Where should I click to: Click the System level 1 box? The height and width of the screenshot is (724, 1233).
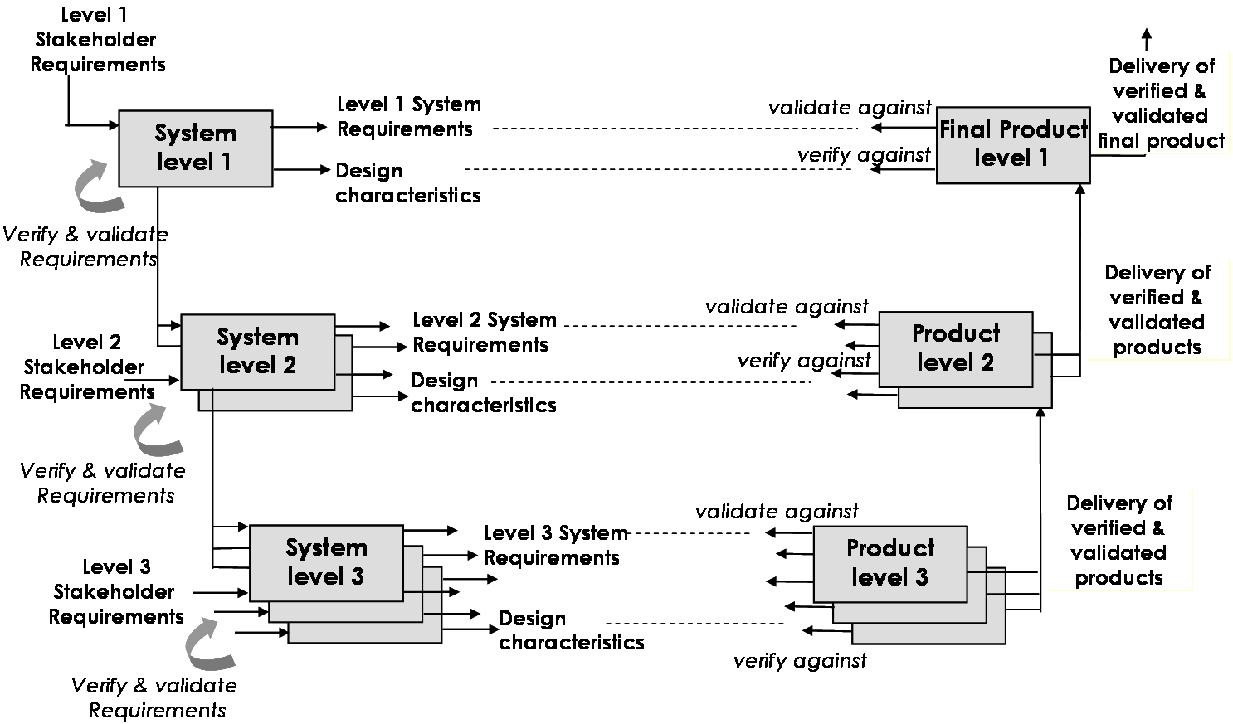(x=196, y=148)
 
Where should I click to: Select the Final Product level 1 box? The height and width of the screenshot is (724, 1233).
(x=1013, y=145)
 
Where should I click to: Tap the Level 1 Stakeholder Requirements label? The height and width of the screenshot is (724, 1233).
(x=97, y=40)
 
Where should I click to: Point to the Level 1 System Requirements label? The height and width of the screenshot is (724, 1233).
(x=408, y=117)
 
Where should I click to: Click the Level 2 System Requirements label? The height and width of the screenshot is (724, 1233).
(x=485, y=333)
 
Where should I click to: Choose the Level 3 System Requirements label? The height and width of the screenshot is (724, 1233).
(x=556, y=545)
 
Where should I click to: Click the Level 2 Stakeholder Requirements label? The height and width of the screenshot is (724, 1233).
(x=87, y=367)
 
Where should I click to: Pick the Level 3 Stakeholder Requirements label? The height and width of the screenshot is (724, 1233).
(x=116, y=592)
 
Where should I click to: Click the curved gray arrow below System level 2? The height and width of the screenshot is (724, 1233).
(x=156, y=432)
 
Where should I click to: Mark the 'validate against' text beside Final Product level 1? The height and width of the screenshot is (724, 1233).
(x=850, y=108)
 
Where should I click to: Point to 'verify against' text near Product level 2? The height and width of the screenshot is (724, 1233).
(x=804, y=361)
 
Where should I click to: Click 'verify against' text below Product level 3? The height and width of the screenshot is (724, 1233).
(x=800, y=661)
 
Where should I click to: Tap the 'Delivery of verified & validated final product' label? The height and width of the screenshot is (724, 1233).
(x=1161, y=104)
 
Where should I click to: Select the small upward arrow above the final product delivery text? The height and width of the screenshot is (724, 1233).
(x=1147, y=39)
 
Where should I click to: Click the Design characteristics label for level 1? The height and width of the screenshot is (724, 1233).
(x=408, y=182)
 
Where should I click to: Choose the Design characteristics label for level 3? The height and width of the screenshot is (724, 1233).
(x=572, y=630)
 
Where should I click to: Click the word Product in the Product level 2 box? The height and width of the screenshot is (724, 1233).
(x=956, y=333)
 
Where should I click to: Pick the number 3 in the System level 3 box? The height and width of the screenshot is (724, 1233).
(x=358, y=576)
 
